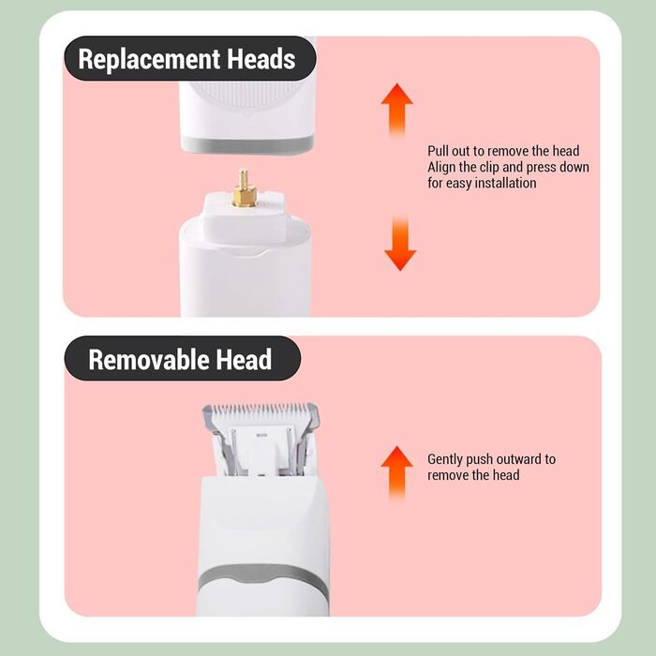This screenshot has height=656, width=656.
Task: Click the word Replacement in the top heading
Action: (149, 59)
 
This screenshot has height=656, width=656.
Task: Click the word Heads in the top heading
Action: (261, 58)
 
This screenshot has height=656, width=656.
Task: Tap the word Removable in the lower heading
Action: (148, 359)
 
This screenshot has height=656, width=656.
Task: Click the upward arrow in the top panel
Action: (396, 110)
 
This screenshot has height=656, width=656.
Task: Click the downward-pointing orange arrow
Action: (400, 243)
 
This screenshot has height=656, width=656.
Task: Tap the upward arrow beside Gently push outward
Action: (396, 472)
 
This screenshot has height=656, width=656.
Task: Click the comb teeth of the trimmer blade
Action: (261, 412)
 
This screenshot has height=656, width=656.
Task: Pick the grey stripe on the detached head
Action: (247, 144)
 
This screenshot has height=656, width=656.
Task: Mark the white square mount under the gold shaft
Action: (244, 217)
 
